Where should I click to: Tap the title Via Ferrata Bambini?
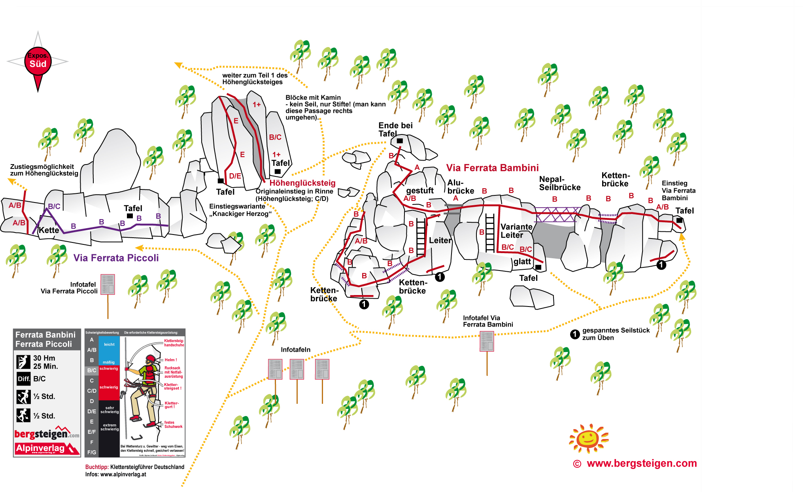point(492,168)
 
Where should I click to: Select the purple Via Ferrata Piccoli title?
point(116,258)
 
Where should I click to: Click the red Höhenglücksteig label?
point(302,183)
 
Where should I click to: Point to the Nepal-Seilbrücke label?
point(559,184)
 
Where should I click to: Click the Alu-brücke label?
point(460,187)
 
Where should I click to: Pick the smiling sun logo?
point(588,438)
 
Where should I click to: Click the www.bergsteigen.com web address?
point(641,464)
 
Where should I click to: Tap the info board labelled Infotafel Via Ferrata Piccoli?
point(108,284)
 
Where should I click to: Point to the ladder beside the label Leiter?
point(421,237)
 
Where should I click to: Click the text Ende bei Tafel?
point(395,129)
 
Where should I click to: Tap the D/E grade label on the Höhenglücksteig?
point(235,176)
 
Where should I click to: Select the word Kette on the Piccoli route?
point(49,230)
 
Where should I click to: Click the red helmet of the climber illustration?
point(150,359)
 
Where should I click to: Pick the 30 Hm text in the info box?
point(44,358)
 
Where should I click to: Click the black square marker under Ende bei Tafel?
point(400,141)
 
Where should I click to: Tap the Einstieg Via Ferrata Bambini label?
point(678,191)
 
